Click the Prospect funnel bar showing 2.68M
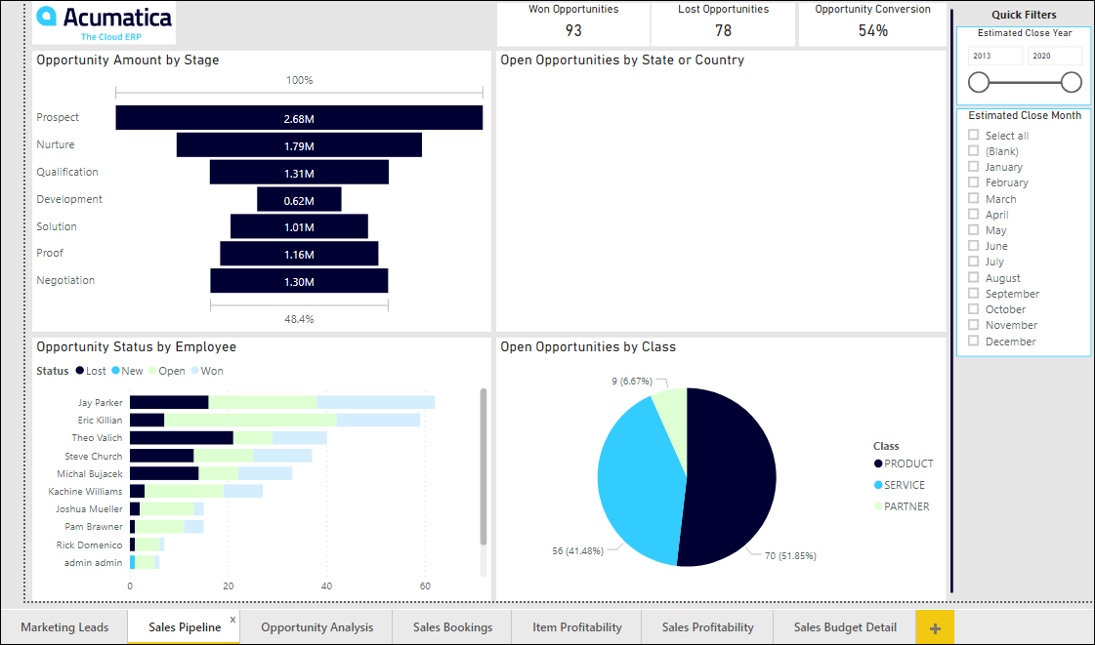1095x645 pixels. click(299, 118)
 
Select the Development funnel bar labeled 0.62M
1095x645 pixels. click(299, 200)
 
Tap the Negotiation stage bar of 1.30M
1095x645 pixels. click(299, 281)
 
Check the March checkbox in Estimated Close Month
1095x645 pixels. click(973, 199)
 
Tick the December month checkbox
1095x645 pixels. click(973, 342)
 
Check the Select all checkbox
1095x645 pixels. click(973, 136)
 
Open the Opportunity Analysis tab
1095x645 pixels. click(316, 627)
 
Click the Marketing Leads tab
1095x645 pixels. click(64, 627)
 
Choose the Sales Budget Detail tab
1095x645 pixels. click(845, 627)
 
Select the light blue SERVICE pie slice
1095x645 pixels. click(635, 478)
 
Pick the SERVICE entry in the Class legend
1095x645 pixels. click(904, 485)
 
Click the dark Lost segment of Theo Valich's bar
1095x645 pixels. click(182, 438)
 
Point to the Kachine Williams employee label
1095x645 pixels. click(92, 491)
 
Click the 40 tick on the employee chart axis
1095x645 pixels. click(326, 586)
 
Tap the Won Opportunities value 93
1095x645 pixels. click(573, 30)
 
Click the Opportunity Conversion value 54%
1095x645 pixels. click(873, 30)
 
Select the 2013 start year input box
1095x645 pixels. click(995, 57)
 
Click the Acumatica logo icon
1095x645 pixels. click(47, 17)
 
